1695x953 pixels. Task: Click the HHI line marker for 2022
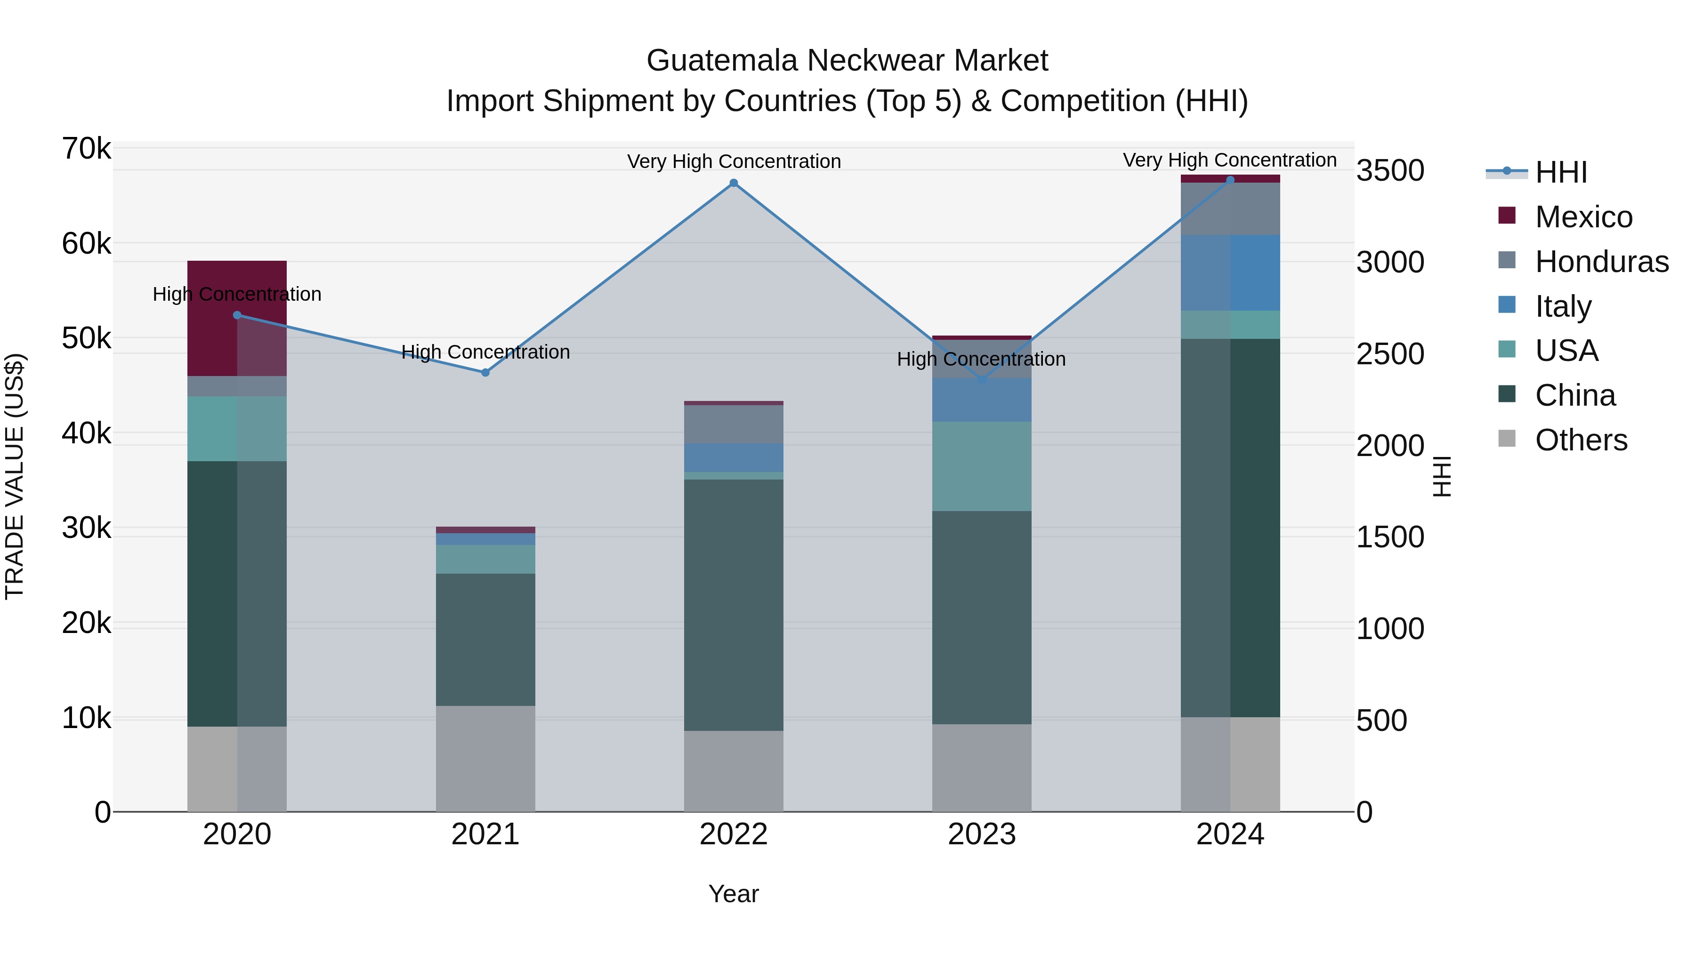(734, 183)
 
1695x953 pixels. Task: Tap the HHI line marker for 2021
(485, 372)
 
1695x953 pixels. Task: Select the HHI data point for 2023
(982, 379)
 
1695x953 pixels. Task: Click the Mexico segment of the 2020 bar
(237, 318)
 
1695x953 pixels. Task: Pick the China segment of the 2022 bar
(734, 605)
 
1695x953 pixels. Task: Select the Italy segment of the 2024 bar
(1230, 272)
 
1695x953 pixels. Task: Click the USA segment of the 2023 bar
(982, 466)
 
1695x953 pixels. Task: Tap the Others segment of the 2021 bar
(485, 758)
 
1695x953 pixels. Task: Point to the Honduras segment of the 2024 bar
(1230, 208)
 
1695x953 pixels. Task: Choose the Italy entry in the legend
(1563, 306)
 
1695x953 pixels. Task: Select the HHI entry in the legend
(1561, 172)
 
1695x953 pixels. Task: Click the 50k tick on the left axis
(86, 339)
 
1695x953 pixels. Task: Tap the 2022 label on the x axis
(734, 834)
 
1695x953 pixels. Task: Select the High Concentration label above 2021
(485, 352)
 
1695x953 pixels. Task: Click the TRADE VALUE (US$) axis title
(15, 476)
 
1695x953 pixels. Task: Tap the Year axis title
(734, 894)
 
